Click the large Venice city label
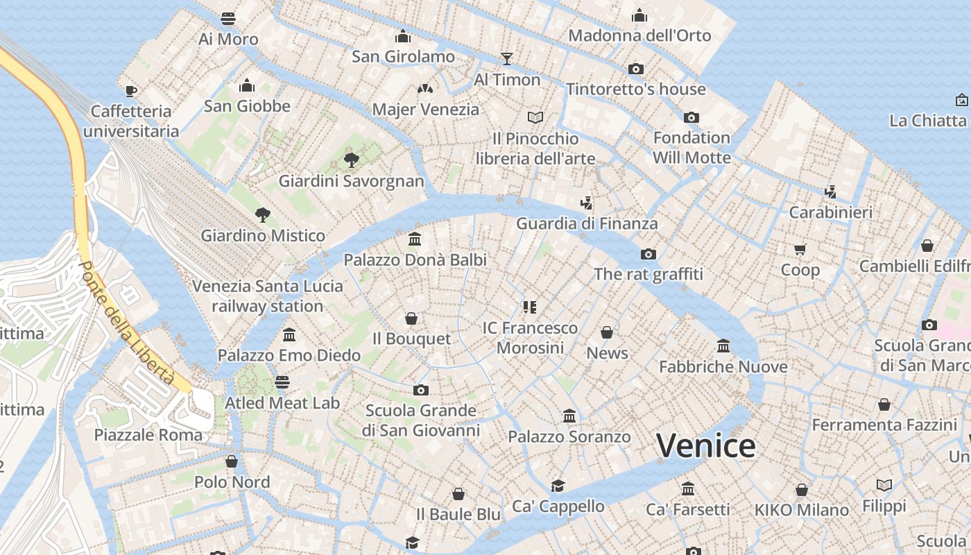point(705,445)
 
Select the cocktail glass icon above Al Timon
point(507,58)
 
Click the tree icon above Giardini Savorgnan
point(352,160)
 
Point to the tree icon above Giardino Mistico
point(262,214)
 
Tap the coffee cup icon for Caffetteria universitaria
point(131,90)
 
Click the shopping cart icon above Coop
point(800,249)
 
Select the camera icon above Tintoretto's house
point(636,69)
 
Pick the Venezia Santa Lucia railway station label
point(268,296)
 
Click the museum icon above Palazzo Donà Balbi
point(415,239)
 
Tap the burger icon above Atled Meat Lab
point(282,382)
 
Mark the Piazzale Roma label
point(148,435)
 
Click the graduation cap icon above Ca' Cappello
point(558,486)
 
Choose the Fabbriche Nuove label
point(723,366)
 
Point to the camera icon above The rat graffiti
point(648,254)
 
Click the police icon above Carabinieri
point(830,191)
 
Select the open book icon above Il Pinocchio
point(535,117)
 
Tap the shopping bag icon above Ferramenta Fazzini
point(884,404)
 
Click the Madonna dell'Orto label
point(639,35)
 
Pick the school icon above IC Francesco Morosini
point(531,307)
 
